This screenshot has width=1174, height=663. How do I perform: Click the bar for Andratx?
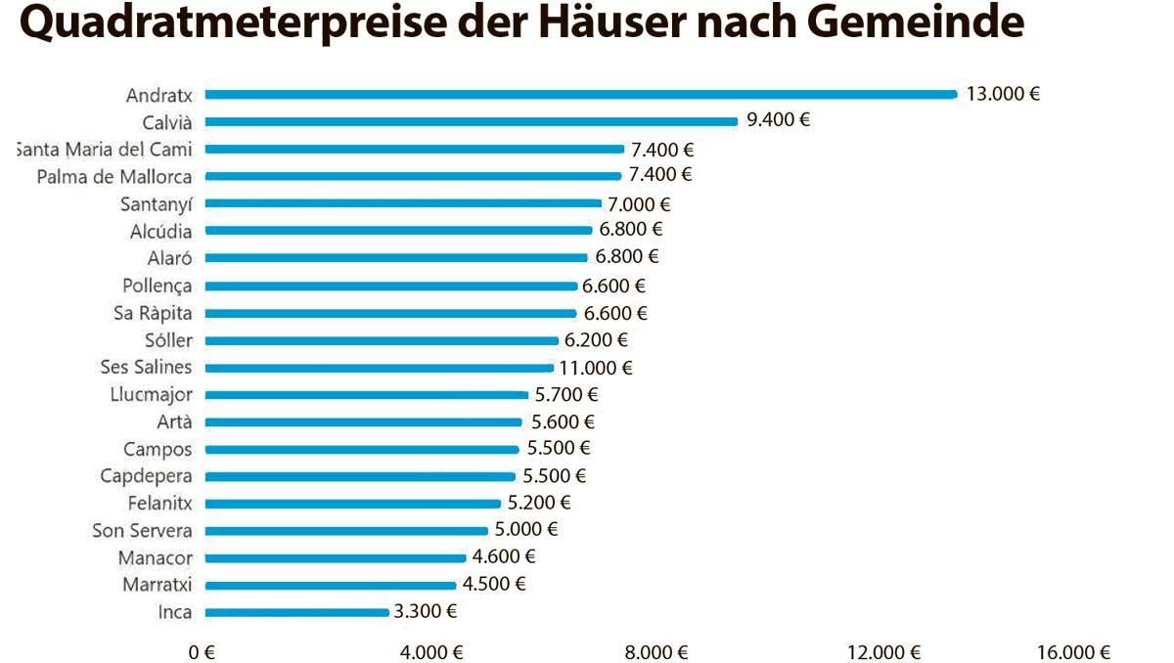(x=580, y=95)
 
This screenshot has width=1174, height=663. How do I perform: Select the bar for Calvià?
(x=471, y=121)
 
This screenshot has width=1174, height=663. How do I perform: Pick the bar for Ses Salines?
(x=379, y=368)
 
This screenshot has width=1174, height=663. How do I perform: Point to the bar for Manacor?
(x=335, y=558)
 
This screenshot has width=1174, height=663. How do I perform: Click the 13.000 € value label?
(x=1003, y=95)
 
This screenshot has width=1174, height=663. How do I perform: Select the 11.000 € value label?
(x=596, y=368)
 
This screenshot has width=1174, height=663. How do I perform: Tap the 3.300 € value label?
(x=426, y=612)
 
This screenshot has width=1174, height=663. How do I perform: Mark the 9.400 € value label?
(x=779, y=120)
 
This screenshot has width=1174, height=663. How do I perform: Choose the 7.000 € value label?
(x=638, y=204)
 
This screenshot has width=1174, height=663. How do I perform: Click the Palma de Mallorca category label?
(x=114, y=177)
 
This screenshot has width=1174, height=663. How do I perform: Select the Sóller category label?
(x=168, y=340)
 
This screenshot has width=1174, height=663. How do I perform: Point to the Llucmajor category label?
(x=152, y=395)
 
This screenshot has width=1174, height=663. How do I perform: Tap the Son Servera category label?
(x=142, y=531)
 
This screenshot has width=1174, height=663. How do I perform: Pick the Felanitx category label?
(x=159, y=504)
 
